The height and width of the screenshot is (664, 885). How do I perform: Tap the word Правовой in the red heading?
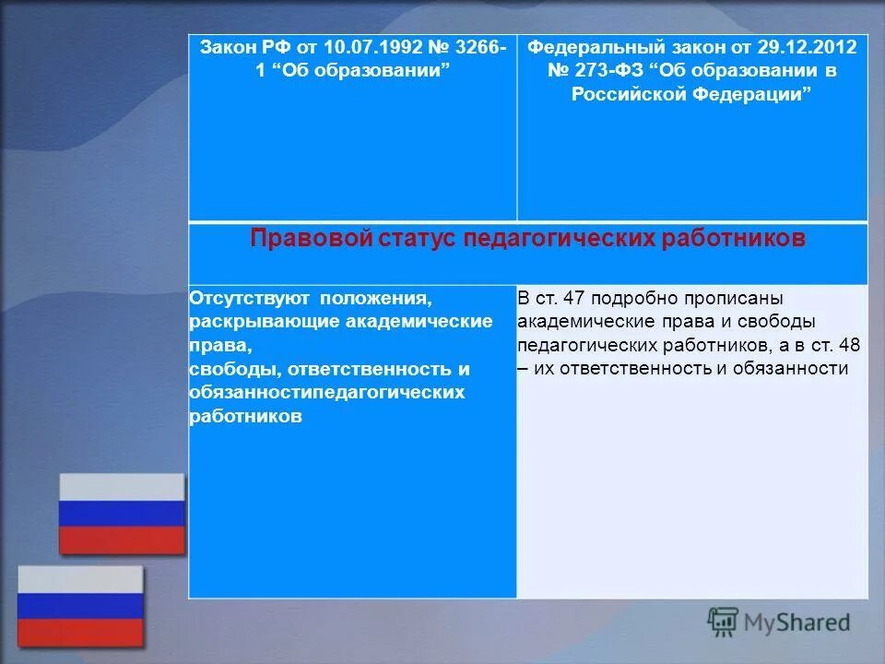pyautogui.click(x=309, y=239)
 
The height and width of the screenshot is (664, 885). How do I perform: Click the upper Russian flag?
pyautogui.click(x=122, y=514)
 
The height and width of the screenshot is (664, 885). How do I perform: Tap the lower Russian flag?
pyautogui.click(x=80, y=606)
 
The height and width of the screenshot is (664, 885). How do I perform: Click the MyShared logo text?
pyautogui.click(x=796, y=622)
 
